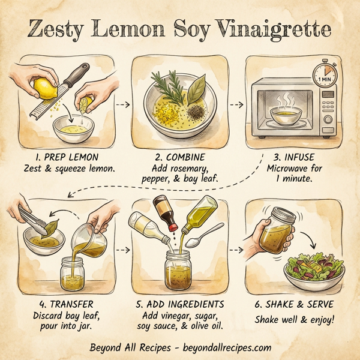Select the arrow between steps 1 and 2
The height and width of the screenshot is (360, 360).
(x=122, y=104)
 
